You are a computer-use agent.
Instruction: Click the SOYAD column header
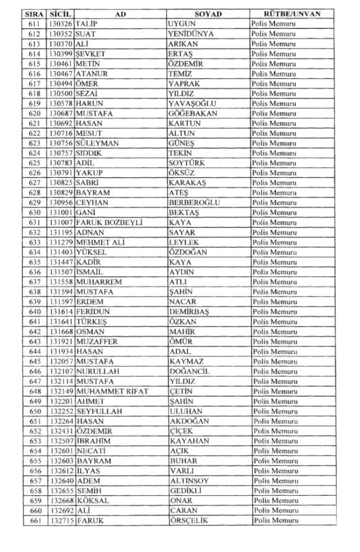(x=208, y=14)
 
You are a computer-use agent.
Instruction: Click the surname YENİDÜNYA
(x=191, y=34)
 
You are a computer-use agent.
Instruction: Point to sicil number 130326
(x=61, y=24)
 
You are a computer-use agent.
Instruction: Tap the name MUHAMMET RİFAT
(x=112, y=391)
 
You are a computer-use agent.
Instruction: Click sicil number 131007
(x=61, y=222)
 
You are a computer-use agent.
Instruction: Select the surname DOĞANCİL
(x=190, y=371)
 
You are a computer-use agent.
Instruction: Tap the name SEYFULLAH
(x=99, y=411)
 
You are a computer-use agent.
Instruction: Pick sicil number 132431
(x=61, y=431)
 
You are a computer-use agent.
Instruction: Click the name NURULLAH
(x=98, y=371)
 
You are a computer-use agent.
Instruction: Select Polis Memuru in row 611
(x=274, y=24)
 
